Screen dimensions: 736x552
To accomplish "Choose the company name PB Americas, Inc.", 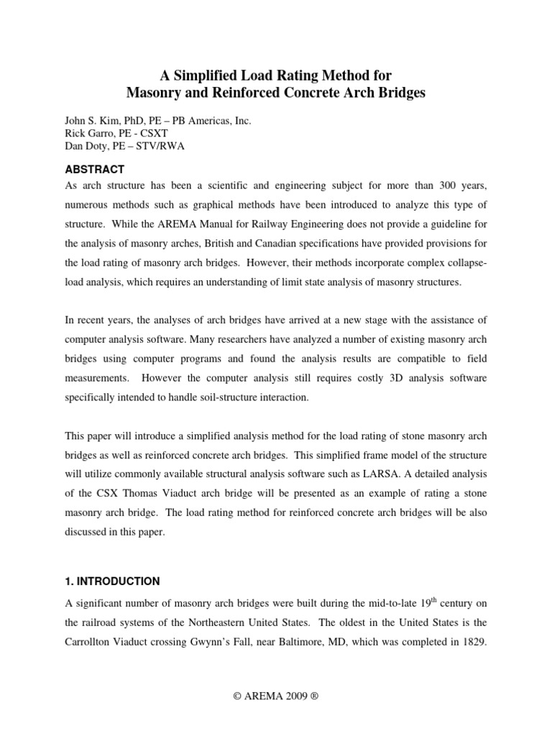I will tap(214, 121).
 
